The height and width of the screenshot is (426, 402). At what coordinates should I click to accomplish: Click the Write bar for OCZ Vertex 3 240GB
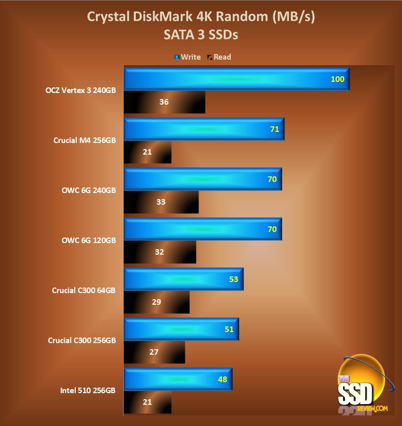pyautogui.click(x=236, y=79)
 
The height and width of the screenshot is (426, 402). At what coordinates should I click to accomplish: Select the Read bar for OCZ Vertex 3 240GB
pyautogui.click(x=164, y=102)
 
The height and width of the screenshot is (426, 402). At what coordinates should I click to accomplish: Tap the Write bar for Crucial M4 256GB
pyautogui.click(x=204, y=129)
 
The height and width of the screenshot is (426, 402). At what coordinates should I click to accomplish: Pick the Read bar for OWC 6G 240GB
pyautogui.click(x=161, y=202)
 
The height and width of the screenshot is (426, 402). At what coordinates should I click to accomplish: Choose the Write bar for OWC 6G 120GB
pyautogui.click(x=203, y=229)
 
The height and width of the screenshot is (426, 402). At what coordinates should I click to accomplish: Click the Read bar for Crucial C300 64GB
pyautogui.click(x=157, y=302)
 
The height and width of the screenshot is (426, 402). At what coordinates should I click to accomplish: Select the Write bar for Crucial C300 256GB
pyautogui.click(x=181, y=329)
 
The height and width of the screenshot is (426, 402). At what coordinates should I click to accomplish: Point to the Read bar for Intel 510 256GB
pyautogui.click(x=147, y=402)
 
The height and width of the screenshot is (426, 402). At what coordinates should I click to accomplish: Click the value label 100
pyautogui.click(x=337, y=79)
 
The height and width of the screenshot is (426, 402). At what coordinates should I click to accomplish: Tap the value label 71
pyautogui.click(x=275, y=129)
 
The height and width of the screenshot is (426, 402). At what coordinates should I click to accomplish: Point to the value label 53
pyautogui.click(x=233, y=279)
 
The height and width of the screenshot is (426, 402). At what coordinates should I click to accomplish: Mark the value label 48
pyautogui.click(x=222, y=379)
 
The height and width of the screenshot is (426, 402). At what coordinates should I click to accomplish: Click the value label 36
pyautogui.click(x=164, y=102)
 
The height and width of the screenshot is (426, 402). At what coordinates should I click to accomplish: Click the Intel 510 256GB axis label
pyautogui.click(x=88, y=391)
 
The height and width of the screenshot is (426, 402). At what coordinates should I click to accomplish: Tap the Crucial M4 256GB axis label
pyautogui.click(x=84, y=140)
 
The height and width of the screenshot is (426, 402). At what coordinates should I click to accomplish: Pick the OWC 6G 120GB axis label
pyautogui.click(x=89, y=241)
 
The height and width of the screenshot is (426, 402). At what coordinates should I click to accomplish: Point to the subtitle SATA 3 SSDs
pyautogui.click(x=200, y=35)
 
